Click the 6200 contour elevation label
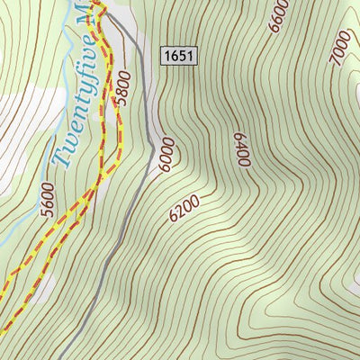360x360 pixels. coord(184,210)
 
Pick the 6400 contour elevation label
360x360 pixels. coord(240,150)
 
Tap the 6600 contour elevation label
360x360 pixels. coord(278,16)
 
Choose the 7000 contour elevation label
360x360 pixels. coord(339,48)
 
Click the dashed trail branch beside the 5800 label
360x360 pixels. coord(116,108)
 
